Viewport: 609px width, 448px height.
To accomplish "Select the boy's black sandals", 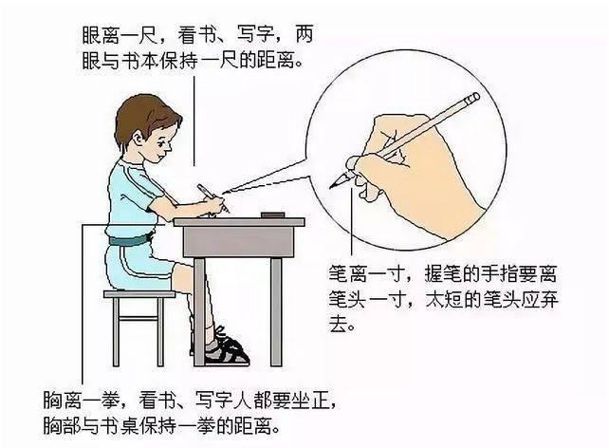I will coord(228,350).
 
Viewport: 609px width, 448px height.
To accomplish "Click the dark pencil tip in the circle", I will coord(333,184).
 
